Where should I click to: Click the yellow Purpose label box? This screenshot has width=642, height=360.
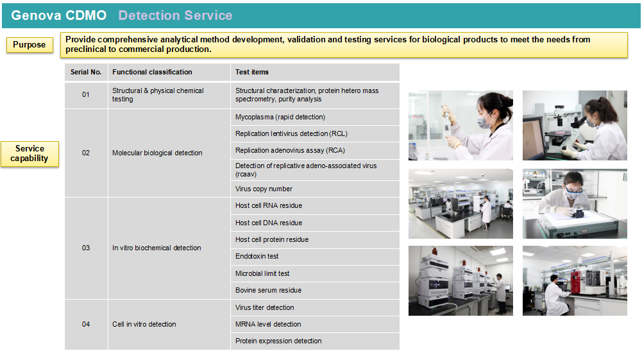pyautogui.click(x=30, y=45)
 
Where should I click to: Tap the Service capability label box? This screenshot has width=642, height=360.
pyautogui.click(x=30, y=153)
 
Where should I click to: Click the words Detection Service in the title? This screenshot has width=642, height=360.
pyautogui.click(x=175, y=15)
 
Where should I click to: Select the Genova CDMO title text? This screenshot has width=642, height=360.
pyautogui.click(x=58, y=15)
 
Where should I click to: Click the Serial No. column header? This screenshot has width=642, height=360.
pyautogui.click(x=86, y=72)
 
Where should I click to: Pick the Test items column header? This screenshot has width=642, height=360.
pyautogui.click(x=315, y=72)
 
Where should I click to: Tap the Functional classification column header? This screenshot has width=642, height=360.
pyautogui.click(x=169, y=72)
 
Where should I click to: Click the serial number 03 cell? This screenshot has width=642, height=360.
pyautogui.click(x=86, y=248)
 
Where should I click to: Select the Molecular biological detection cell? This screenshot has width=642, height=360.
pyautogui.click(x=169, y=153)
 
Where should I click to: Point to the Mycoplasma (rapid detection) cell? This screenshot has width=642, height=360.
pyautogui.click(x=315, y=117)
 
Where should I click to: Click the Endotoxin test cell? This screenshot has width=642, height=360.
pyautogui.click(x=315, y=257)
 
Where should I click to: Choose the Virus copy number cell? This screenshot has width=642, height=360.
pyautogui.click(x=315, y=189)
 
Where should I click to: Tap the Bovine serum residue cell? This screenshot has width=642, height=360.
pyautogui.click(x=315, y=291)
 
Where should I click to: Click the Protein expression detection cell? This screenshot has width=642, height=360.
pyautogui.click(x=315, y=341)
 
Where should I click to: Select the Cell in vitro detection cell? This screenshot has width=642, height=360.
pyautogui.click(x=169, y=324)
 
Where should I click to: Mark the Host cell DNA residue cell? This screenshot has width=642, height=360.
pyautogui.click(x=315, y=223)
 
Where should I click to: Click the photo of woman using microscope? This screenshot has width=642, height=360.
pyautogui.click(x=575, y=125)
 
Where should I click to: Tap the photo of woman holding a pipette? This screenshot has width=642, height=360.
pyautogui.click(x=460, y=125)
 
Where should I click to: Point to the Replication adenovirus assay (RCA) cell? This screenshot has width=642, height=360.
pyautogui.click(x=315, y=151)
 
